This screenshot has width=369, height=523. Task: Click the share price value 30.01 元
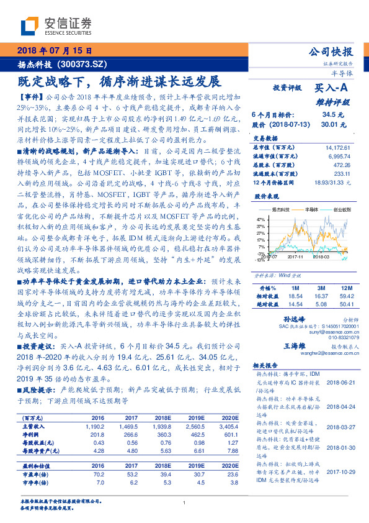click(332, 124)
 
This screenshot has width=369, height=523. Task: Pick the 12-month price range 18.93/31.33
click(333, 182)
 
